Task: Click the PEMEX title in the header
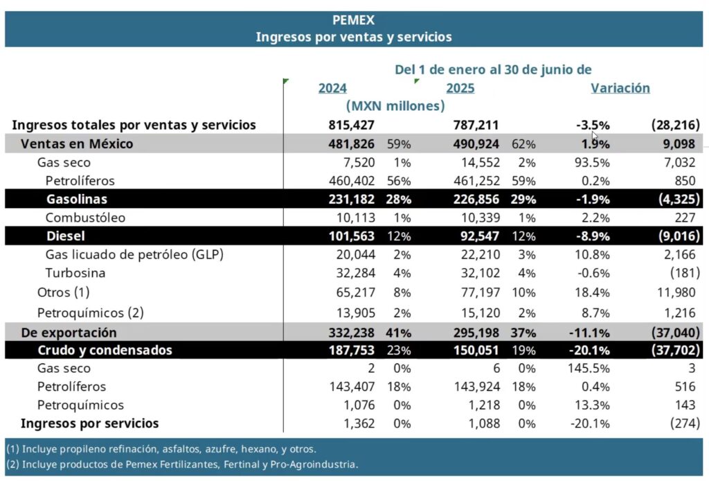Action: [x=354, y=20]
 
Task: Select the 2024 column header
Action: [x=332, y=88]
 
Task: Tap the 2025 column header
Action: [x=460, y=88]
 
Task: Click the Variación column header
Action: [x=620, y=88]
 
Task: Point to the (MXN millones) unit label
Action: [x=395, y=106]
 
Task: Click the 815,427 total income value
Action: [x=351, y=125]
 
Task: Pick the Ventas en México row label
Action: [x=77, y=144]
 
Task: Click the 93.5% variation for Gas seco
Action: [x=592, y=162]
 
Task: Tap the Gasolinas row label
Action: [x=77, y=199]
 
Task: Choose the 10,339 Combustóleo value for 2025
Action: [x=481, y=218]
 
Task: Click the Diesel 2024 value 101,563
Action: [x=351, y=236]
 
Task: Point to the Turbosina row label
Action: [x=75, y=273]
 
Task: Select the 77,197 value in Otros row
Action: [x=481, y=292]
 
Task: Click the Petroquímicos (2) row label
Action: [x=91, y=313]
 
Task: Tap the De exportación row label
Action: [x=69, y=333]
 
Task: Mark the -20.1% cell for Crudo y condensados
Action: [x=589, y=350]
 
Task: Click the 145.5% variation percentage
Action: [x=589, y=368]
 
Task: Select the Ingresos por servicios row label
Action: [x=89, y=423]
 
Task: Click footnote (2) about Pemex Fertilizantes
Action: [x=182, y=464]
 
